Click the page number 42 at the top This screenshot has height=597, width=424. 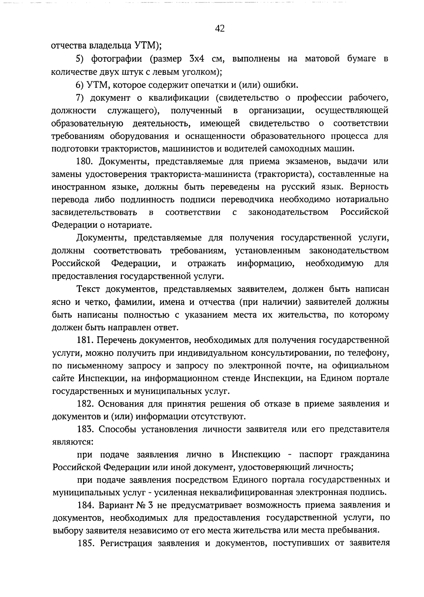[219, 29]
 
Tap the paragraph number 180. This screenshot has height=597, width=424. [85, 161]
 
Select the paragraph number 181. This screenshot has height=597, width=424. [85, 340]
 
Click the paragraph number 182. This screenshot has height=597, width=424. [85, 404]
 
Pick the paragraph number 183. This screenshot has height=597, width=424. [85, 429]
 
